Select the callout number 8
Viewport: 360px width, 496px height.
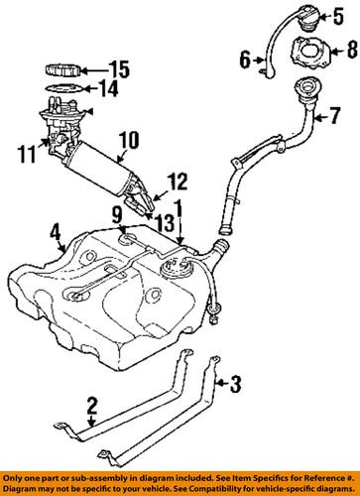coord(338,46)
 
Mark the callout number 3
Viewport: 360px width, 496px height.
coord(235,380)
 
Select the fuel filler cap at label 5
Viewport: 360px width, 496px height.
coord(299,19)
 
